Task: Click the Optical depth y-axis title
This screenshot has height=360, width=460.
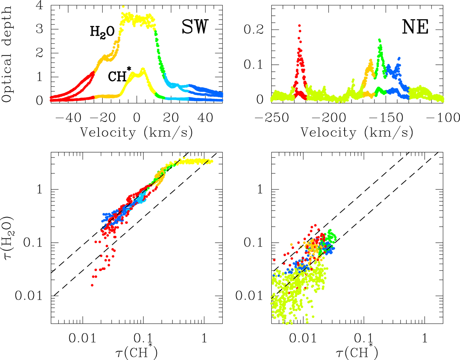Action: point(7,52)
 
